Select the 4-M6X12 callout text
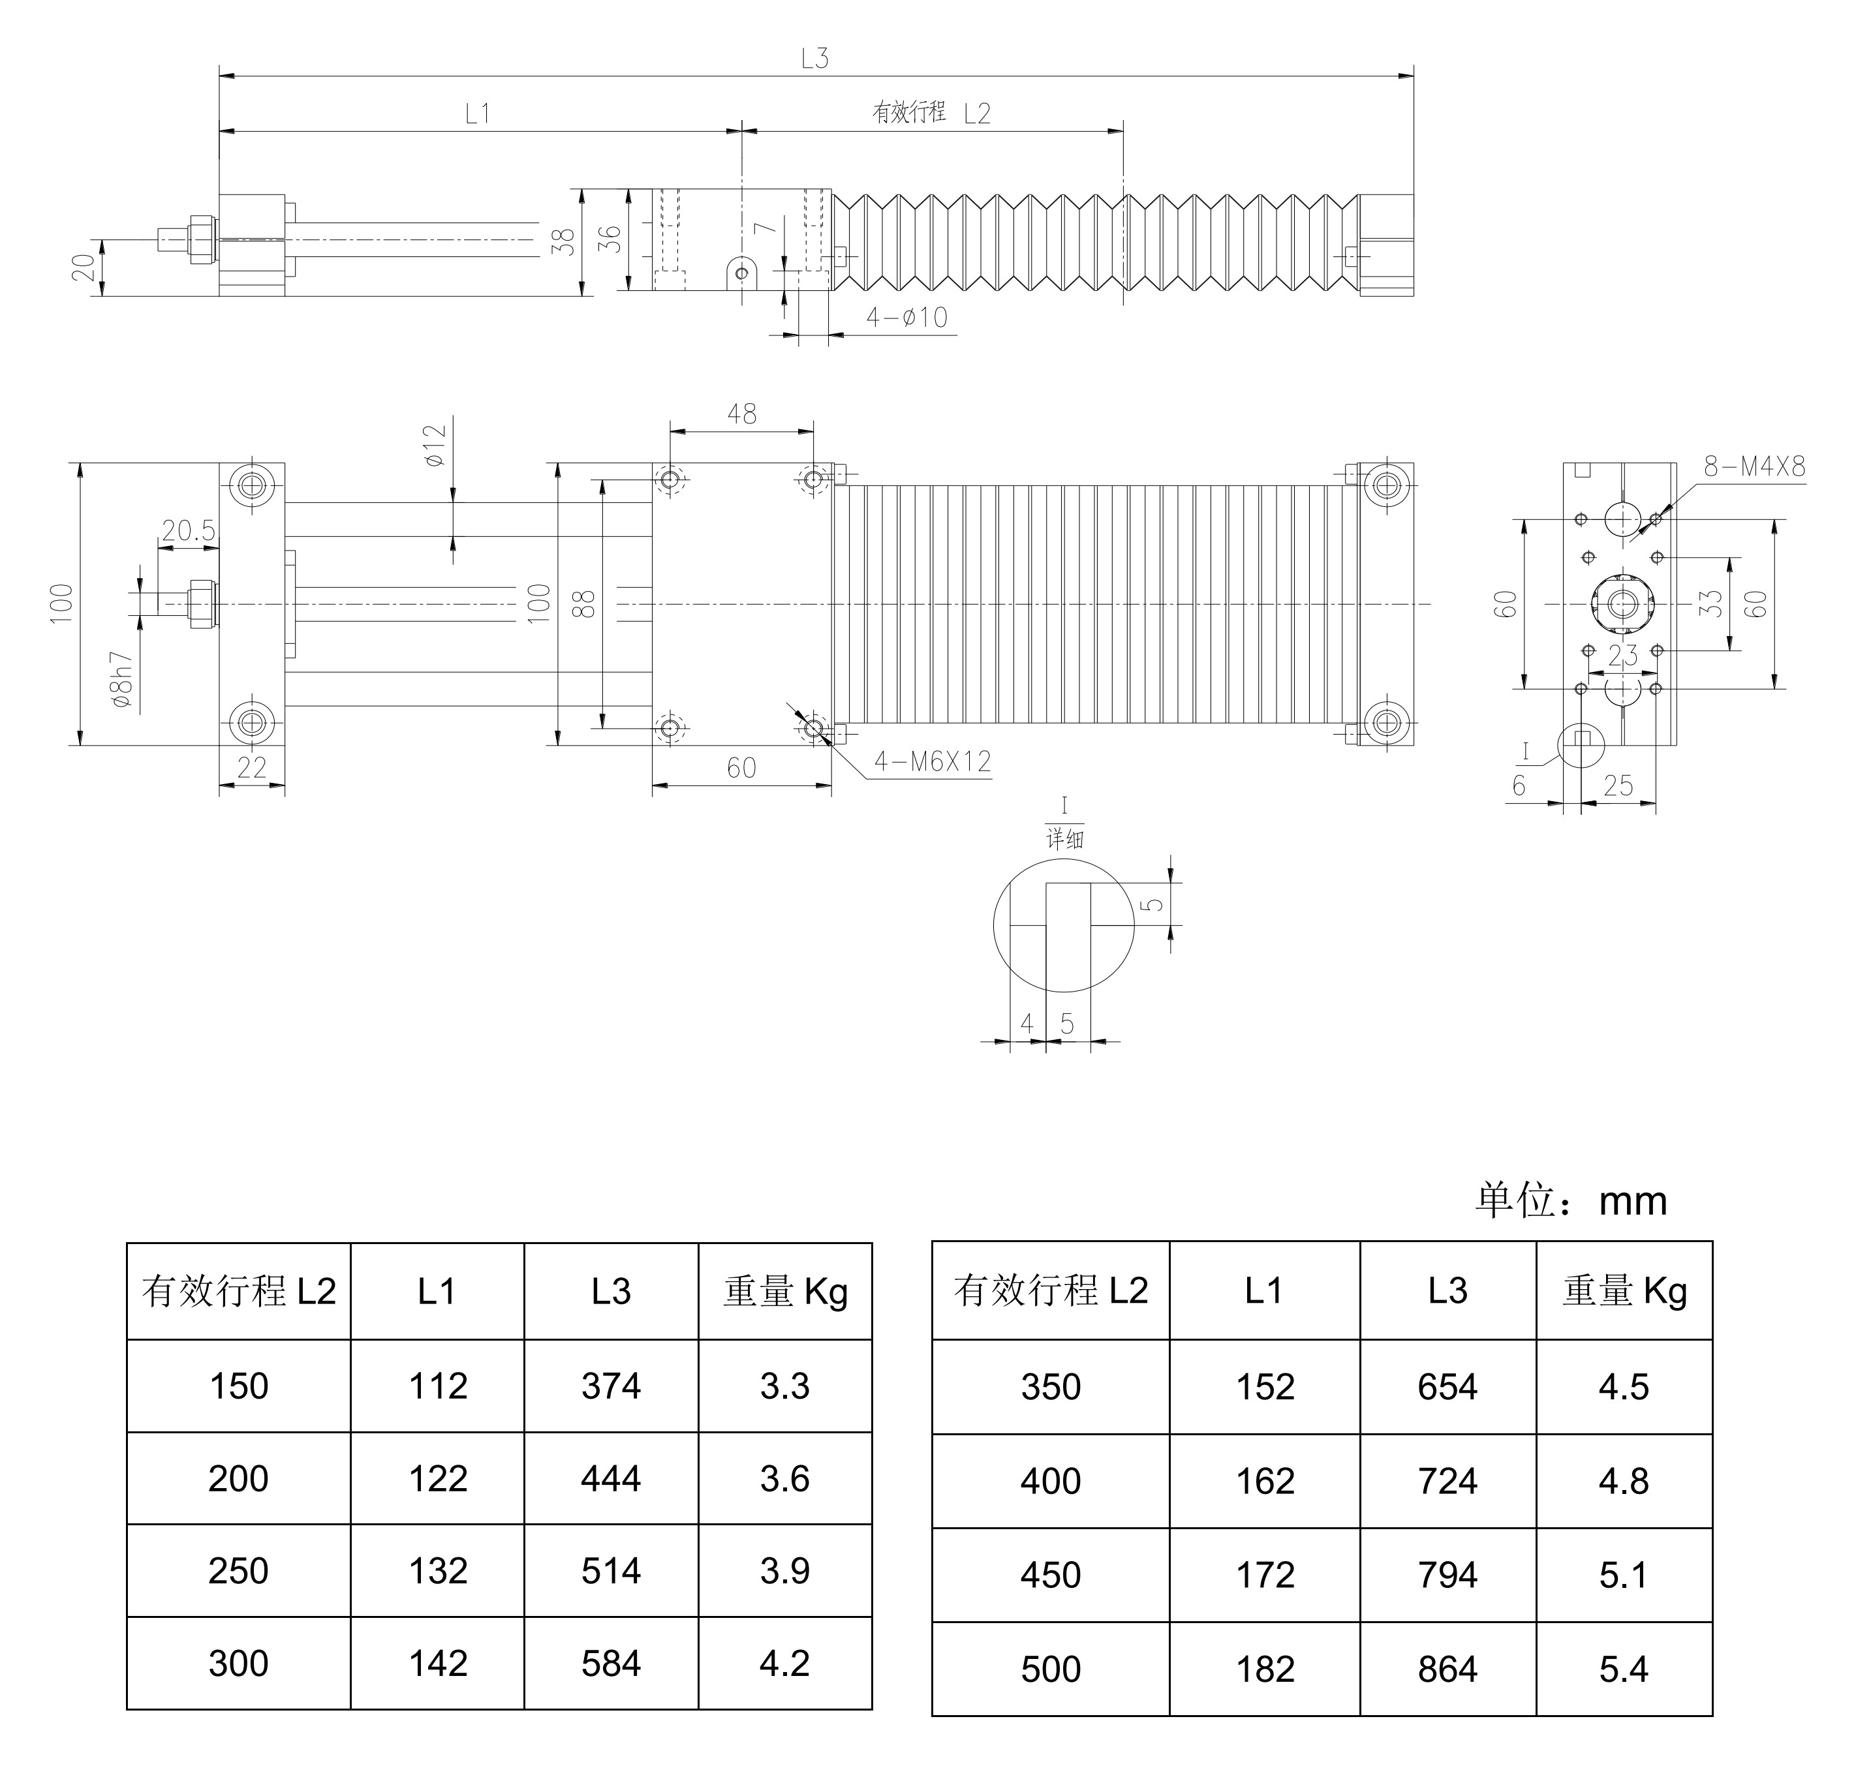(x=932, y=761)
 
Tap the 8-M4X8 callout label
(x=1754, y=467)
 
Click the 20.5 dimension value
(x=189, y=532)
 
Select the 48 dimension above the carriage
(x=741, y=414)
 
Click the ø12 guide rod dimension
(x=435, y=446)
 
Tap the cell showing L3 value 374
(x=610, y=1386)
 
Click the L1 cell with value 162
(x=1265, y=1481)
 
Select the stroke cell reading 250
(x=238, y=1570)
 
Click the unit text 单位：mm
(x=1571, y=1201)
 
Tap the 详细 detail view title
(x=1065, y=839)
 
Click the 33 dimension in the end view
(x=1710, y=603)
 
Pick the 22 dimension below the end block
(x=251, y=768)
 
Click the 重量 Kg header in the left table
(x=785, y=1292)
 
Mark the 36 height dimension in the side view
(x=610, y=239)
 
